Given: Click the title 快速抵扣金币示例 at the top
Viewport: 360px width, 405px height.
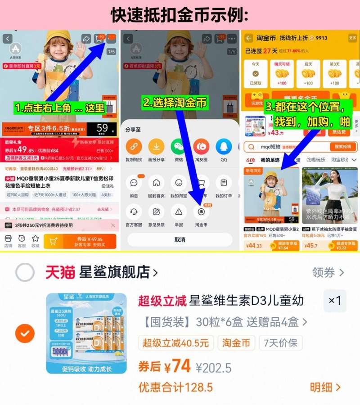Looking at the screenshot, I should coord(180,14).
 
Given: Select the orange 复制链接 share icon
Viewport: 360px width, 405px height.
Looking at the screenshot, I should coord(134,147).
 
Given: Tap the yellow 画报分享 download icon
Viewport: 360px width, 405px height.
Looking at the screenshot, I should coord(156,147).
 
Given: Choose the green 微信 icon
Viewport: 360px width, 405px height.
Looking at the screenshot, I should coord(179,147).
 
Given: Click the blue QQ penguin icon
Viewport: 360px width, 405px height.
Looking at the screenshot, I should coord(224,147).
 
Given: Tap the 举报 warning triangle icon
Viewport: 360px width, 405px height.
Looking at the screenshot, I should coord(179,211).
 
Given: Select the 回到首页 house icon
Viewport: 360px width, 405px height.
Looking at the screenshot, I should coord(156,183).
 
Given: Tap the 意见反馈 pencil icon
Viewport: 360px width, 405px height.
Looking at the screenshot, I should coord(156,211).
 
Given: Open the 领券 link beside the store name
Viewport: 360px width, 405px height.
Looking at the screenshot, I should coord(328,272).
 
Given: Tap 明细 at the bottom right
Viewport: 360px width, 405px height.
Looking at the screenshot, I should coord(325,387).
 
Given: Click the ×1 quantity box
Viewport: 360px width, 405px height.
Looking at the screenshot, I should coord(335,301).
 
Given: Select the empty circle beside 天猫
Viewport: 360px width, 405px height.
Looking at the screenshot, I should coord(25,272).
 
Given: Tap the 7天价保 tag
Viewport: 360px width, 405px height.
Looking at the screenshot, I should coord(280,343).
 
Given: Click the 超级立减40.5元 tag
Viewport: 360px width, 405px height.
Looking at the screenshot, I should coord(175,343).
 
